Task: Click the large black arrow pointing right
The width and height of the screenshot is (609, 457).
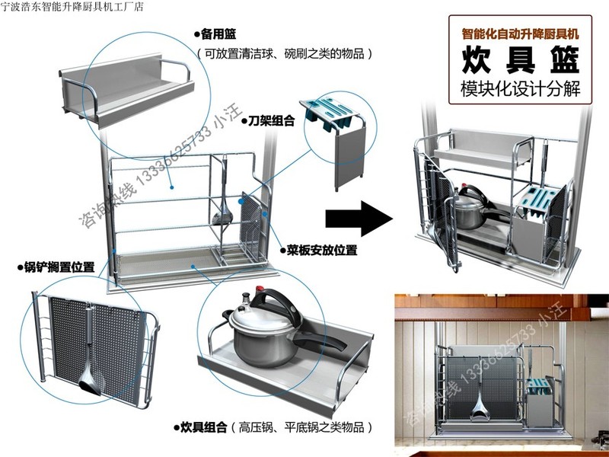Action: click(358, 219)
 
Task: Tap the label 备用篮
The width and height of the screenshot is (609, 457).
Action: click(218, 34)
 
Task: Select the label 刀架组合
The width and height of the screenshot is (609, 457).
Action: click(260, 120)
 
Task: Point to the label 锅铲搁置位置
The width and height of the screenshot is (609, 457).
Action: click(59, 267)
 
